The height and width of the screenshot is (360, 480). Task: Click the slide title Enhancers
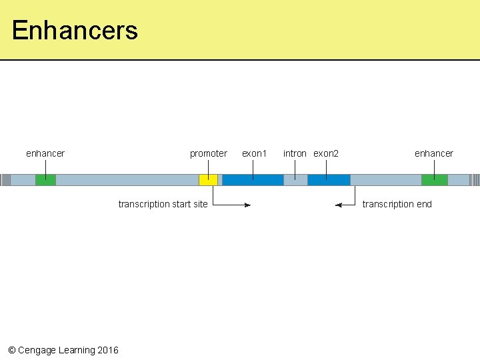click(x=75, y=31)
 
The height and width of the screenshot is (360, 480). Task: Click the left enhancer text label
click(x=45, y=153)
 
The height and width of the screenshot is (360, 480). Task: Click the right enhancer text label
click(x=433, y=153)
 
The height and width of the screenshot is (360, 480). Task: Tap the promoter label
click(x=208, y=153)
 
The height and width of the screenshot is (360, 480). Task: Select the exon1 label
click(x=254, y=153)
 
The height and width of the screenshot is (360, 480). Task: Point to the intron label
click(x=295, y=153)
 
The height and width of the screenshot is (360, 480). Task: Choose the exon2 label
click(x=326, y=153)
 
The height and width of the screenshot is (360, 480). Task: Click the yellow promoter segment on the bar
click(x=208, y=180)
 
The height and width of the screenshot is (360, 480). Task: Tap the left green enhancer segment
click(x=45, y=180)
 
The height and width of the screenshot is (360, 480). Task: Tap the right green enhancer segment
click(x=434, y=180)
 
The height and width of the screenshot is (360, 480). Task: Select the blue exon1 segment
click(x=253, y=180)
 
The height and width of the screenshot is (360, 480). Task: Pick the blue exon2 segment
click(x=329, y=180)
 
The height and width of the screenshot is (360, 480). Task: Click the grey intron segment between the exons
click(x=295, y=180)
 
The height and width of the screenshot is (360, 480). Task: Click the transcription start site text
click(x=163, y=204)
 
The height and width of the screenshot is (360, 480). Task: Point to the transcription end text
click(x=397, y=204)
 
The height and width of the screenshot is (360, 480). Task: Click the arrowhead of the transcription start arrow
click(x=247, y=205)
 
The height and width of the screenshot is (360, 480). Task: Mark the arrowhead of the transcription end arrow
click(x=339, y=205)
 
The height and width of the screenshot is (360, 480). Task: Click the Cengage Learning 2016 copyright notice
click(x=63, y=350)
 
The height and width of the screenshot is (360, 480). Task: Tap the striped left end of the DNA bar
click(x=5, y=180)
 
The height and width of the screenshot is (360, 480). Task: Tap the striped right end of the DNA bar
click(x=475, y=180)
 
